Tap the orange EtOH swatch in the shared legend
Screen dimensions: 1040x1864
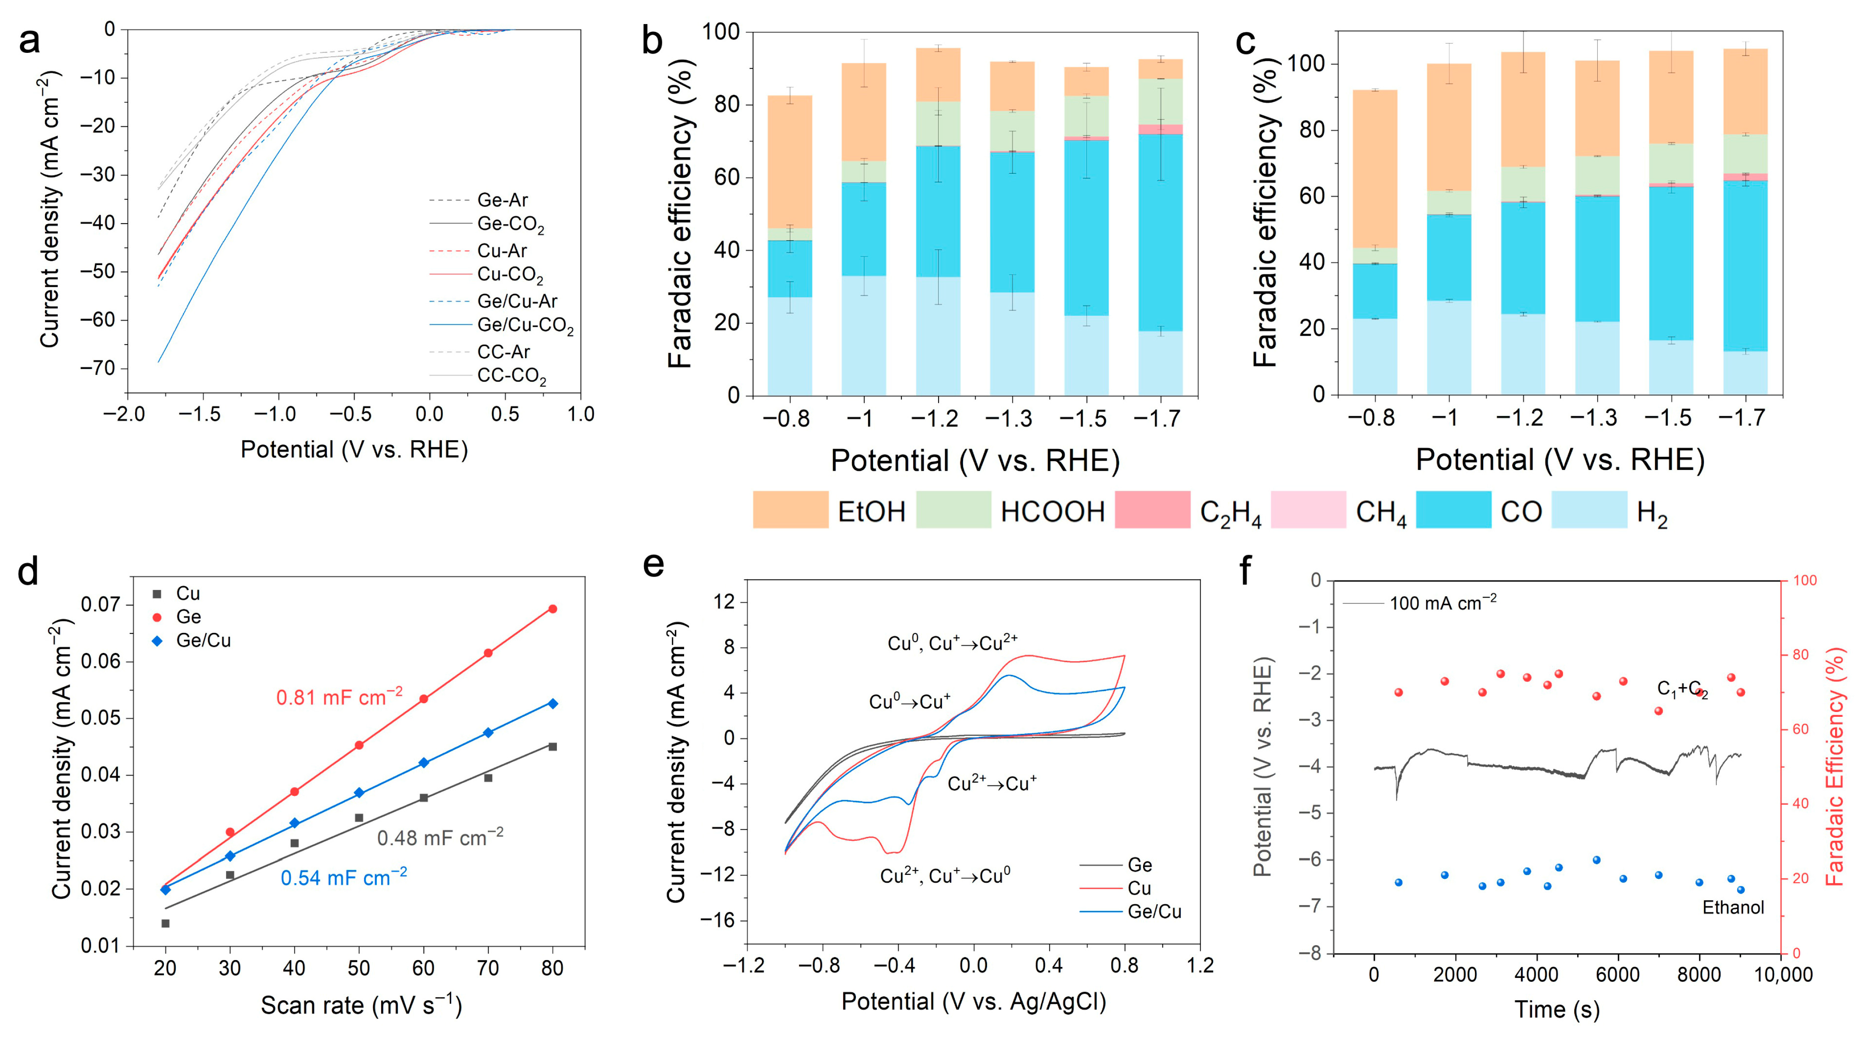790,510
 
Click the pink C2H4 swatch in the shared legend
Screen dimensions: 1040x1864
1152,510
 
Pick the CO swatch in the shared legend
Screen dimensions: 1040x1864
1453,510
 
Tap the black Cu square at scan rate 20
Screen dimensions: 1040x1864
165,923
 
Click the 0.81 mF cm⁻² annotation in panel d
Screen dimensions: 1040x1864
339,697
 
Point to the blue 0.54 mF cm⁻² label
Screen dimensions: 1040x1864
344,877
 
